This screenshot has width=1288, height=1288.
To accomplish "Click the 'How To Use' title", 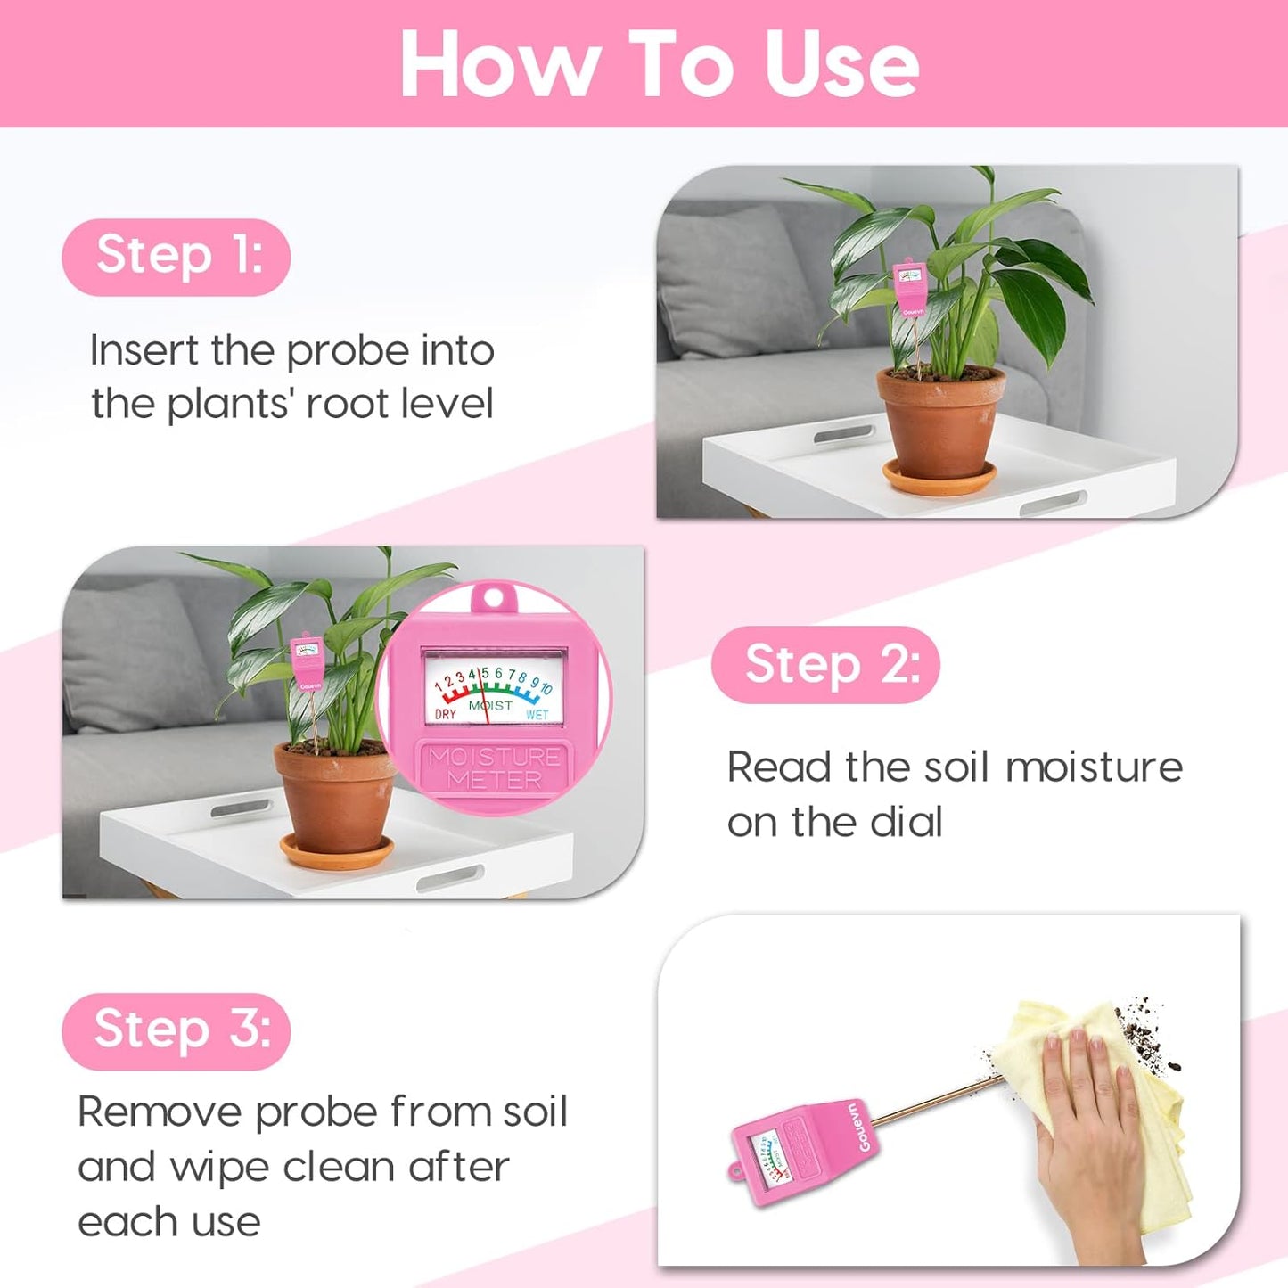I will pyautogui.click(x=659, y=63).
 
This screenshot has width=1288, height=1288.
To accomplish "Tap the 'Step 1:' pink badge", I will pyautogui.click(x=176, y=257).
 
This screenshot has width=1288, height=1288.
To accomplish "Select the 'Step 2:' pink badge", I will pyautogui.click(x=826, y=665).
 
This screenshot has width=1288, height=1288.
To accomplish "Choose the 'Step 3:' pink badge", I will pyautogui.click(x=176, y=1030).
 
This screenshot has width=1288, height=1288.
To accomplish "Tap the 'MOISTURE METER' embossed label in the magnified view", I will pyautogui.click(x=495, y=768).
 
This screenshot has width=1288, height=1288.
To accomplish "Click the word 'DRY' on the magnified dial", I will pyautogui.click(x=446, y=715).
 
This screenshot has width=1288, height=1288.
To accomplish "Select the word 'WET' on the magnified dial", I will pyautogui.click(x=537, y=715).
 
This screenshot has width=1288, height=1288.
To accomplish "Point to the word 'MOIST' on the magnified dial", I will pyautogui.click(x=491, y=705).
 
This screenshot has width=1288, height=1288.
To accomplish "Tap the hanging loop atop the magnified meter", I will pyautogui.click(x=495, y=596).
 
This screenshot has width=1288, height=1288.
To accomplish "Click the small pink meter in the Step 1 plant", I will pyautogui.click(x=910, y=288).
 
